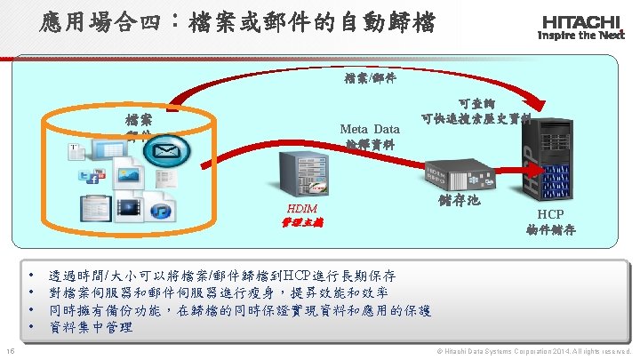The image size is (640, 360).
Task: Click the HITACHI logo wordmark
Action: (x=582, y=20)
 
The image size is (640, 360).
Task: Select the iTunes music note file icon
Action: (x=162, y=208)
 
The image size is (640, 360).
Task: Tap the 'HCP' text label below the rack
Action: (x=549, y=214)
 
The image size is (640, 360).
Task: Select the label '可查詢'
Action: (x=472, y=103)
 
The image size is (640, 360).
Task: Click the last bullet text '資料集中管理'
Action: (x=92, y=327)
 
